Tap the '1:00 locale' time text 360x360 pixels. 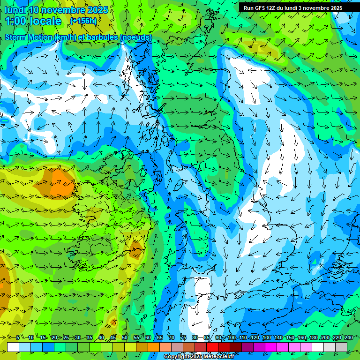tap(33, 21)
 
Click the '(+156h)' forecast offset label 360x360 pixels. tap(84, 21)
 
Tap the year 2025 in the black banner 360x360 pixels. tap(333, 8)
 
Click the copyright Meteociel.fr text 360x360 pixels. tap(198, 357)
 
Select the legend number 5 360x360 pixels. tap(17, 338)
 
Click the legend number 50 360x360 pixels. tap(125, 338)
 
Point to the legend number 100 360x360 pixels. tap(232, 338)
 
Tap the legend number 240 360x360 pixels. tap(349, 338)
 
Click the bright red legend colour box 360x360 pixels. tap(212, 347)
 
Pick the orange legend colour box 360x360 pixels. tap(154, 347)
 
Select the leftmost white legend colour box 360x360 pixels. tap(13, 347)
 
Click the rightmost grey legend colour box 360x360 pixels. tap(341, 347)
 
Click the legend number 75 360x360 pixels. tap(183, 338)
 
